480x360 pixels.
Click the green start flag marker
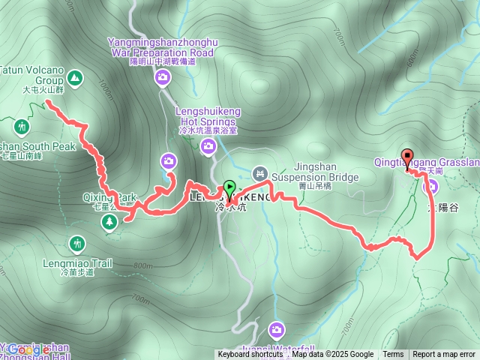click(x=229, y=187)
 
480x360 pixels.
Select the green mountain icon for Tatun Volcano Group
click(x=75, y=76)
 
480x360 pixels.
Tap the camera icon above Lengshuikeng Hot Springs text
click(x=208, y=145)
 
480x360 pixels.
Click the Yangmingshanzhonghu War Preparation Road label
click(x=162, y=47)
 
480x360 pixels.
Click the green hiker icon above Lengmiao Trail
click(x=77, y=244)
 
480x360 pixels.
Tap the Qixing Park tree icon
click(x=110, y=221)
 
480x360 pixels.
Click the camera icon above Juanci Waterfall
click(x=277, y=329)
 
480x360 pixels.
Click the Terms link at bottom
click(x=393, y=355)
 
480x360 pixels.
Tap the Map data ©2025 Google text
click(x=332, y=355)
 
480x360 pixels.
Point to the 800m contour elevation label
click(x=143, y=265)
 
